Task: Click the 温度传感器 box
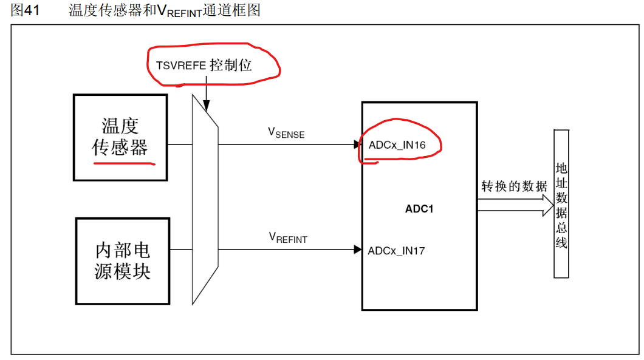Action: click(x=120, y=137)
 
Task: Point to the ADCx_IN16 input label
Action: click(x=397, y=145)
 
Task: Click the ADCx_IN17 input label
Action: click(x=396, y=250)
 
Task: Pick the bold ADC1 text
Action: click(x=419, y=210)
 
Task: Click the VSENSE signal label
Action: click(x=286, y=133)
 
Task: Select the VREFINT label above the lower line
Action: click(x=287, y=238)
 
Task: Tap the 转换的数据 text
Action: click(x=514, y=186)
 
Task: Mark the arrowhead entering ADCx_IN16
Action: click(x=358, y=144)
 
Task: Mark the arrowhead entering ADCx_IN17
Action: click(x=358, y=249)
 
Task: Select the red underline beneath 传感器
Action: click(x=124, y=163)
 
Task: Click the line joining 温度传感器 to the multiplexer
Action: click(x=180, y=144)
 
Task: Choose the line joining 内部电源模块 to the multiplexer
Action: click(x=180, y=249)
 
